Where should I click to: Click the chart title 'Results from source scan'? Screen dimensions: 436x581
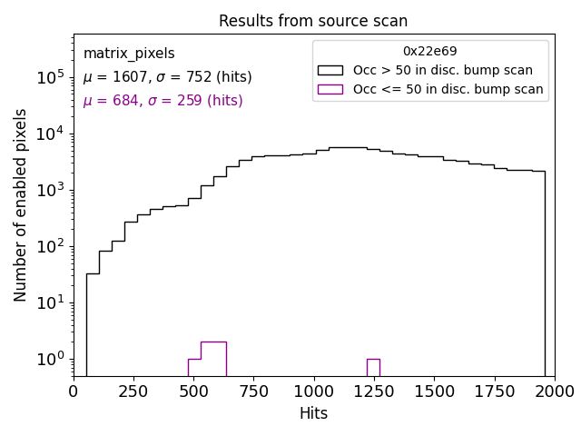tap(313, 21)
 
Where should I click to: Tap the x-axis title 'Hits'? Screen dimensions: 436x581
tap(313, 413)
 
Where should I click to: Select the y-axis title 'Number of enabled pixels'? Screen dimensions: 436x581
tap(21, 204)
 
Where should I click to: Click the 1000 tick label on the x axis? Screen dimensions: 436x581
tap(313, 391)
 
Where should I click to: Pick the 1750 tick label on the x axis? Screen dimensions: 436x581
tap(494, 391)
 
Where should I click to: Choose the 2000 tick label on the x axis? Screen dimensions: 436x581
tap(554, 391)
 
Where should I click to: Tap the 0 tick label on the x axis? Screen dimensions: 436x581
tap(74, 391)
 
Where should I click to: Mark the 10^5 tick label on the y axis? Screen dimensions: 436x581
tap(50, 78)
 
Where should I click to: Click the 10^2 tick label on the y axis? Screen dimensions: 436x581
tap(50, 246)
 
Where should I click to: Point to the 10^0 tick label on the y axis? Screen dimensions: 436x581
tap(50, 359)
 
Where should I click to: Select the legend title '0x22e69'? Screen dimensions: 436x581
tap(430, 52)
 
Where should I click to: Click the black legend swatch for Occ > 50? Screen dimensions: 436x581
tap(330, 70)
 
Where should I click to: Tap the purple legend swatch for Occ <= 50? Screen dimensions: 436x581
tap(330, 89)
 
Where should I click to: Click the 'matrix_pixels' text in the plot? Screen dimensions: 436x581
tap(129, 54)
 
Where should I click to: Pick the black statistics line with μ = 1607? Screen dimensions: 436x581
tap(167, 77)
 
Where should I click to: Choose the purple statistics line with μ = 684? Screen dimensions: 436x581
tap(162, 101)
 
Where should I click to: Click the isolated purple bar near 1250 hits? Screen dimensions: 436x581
tap(373, 367)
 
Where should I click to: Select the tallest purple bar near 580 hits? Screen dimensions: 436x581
tap(213, 359)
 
